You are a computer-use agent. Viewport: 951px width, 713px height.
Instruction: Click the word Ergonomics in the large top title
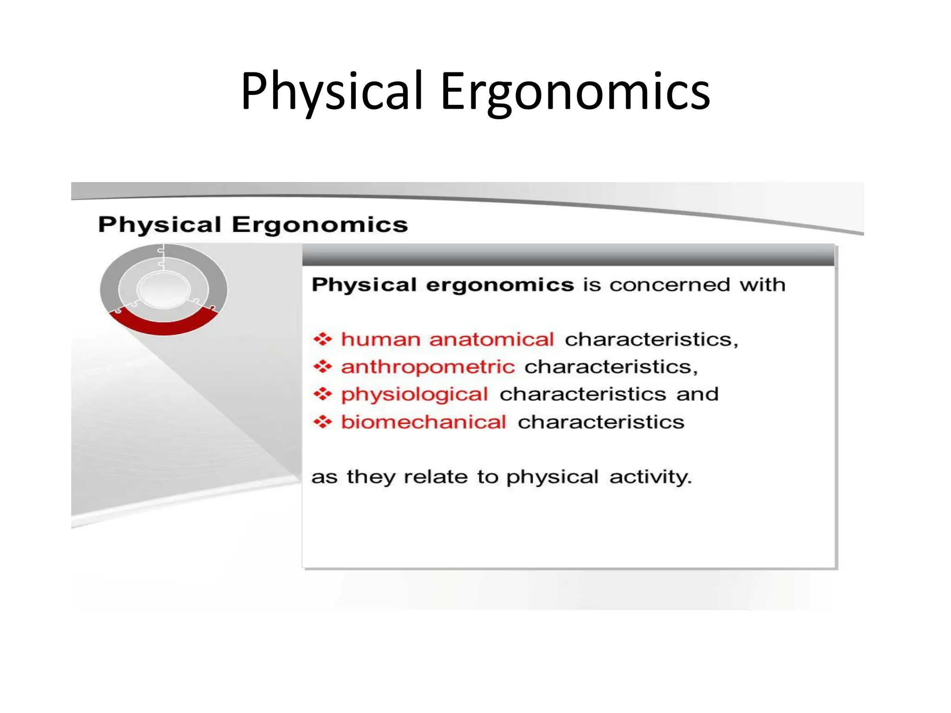[x=575, y=91]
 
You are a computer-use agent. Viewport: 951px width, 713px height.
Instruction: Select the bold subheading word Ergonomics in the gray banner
[x=319, y=225]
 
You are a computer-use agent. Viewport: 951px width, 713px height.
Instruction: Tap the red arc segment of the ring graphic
[x=163, y=325]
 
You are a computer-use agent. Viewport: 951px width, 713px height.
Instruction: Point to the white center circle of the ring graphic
[x=163, y=289]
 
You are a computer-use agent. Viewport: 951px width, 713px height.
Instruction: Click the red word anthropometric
[x=428, y=367]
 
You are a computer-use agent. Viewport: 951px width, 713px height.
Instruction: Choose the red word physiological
[x=414, y=395]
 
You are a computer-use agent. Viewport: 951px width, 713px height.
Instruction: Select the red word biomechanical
[x=423, y=422]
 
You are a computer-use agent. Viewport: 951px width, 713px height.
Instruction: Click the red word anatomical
[x=491, y=339]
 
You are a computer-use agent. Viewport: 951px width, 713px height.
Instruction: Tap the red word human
[x=381, y=339]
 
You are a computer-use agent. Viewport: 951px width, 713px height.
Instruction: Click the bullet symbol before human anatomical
[x=322, y=339]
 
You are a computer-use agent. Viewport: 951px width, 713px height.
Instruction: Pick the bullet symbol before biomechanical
[x=322, y=422]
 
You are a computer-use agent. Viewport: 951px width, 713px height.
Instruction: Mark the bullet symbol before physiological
[x=322, y=395]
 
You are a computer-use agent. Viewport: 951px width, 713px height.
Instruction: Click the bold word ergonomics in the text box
[x=500, y=285]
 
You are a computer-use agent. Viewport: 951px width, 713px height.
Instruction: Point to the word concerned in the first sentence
[x=669, y=285]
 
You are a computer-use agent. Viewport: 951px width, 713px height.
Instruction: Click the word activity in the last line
[x=650, y=477]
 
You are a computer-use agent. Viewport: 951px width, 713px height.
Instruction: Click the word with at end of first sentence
[x=762, y=285]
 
